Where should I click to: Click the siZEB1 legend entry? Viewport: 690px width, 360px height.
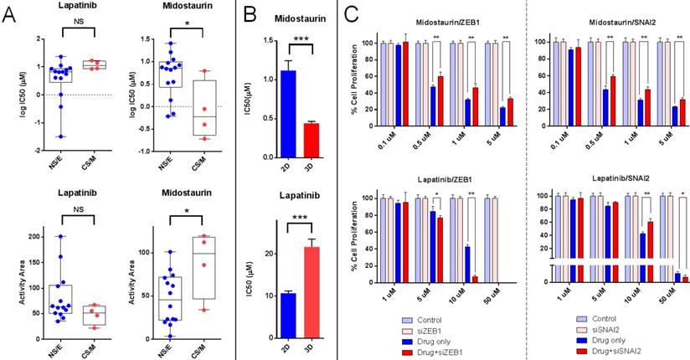[x=444, y=329]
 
